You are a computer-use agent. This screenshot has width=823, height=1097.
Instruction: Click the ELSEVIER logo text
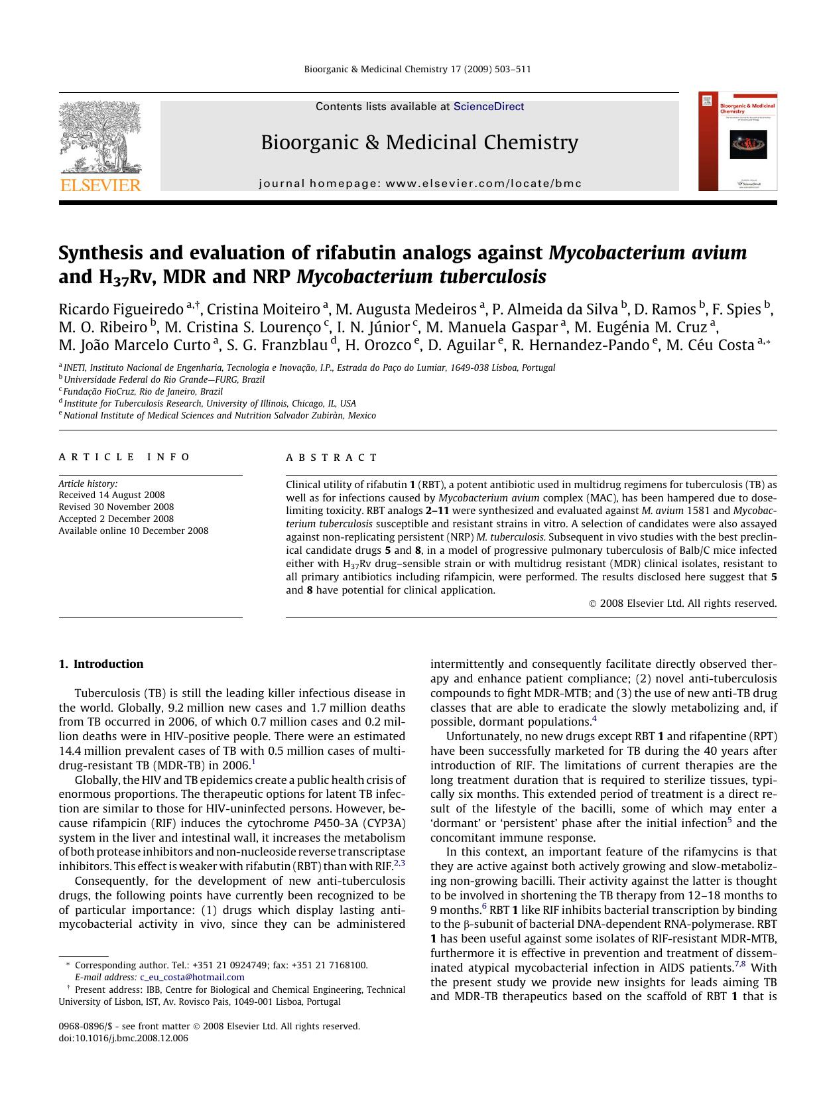pyautogui.click(x=101, y=185)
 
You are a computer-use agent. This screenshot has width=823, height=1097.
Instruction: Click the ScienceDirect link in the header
pyautogui.click(x=488, y=107)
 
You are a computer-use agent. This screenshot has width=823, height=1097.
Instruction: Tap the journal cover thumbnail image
pyautogui.click(x=737, y=141)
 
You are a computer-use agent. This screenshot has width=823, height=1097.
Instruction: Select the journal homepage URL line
pyautogui.click(x=420, y=184)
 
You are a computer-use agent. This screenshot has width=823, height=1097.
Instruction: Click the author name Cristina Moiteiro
pyautogui.click(x=263, y=309)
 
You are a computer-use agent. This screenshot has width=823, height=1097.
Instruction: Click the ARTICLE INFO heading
pyautogui.click(x=124, y=457)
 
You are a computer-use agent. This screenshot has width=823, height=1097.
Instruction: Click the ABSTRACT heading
pyautogui.click(x=332, y=458)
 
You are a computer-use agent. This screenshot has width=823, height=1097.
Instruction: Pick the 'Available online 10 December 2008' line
pyautogui.click(x=133, y=531)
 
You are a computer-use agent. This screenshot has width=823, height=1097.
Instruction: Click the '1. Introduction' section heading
pyautogui.click(x=101, y=664)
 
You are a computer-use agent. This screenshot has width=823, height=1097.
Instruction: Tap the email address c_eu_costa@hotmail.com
pyautogui.click(x=192, y=977)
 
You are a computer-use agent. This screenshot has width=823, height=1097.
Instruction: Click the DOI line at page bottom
pyautogui.click(x=123, y=1039)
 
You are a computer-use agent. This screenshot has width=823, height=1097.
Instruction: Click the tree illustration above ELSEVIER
pyautogui.click(x=99, y=136)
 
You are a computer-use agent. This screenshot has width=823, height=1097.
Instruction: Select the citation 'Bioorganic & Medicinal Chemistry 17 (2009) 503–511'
pyautogui.click(x=417, y=70)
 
